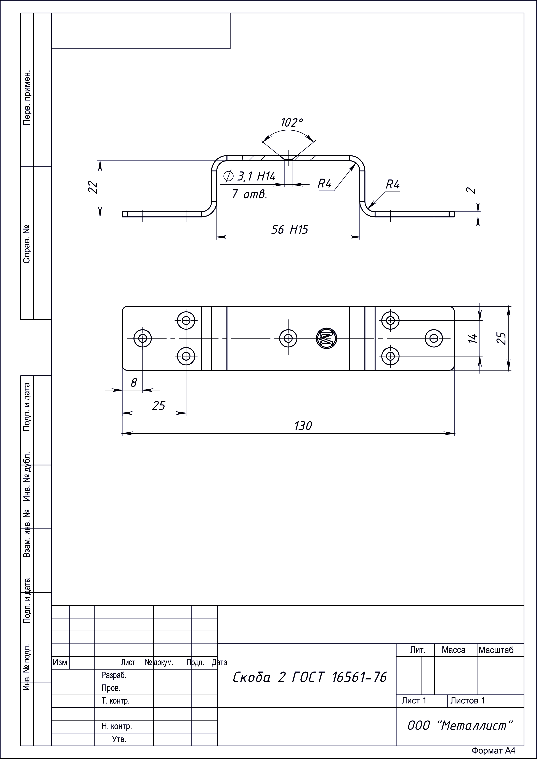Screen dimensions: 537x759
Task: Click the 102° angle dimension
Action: point(292,123)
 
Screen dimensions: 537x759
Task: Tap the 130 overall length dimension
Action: point(303,426)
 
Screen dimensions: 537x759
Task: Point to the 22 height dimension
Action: point(94,187)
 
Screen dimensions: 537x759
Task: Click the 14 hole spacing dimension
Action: point(473,338)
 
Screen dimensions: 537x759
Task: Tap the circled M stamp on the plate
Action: point(326,338)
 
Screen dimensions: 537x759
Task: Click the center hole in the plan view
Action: point(288,338)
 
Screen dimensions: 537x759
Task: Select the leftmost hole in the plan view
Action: point(143,338)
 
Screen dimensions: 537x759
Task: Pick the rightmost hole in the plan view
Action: point(434,338)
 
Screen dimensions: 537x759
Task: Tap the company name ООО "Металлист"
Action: point(460,726)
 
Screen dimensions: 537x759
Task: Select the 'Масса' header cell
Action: point(453,650)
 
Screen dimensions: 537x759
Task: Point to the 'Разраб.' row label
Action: point(114,675)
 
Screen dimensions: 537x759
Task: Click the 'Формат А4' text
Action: point(493,750)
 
